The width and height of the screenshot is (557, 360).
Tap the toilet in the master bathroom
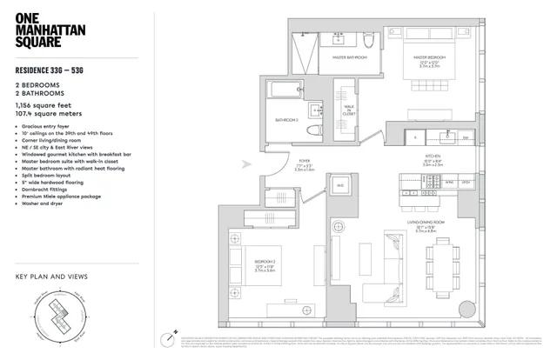(x=368, y=41)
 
